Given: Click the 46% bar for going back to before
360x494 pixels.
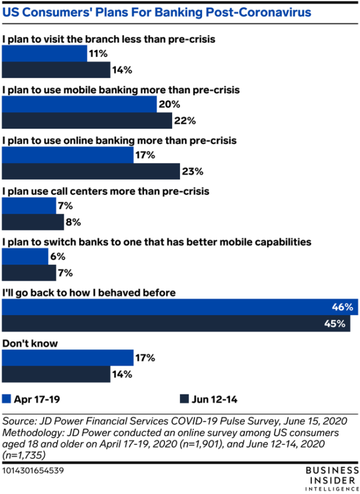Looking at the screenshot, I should tap(180, 308).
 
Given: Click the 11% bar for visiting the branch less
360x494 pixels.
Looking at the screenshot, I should tap(45, 54).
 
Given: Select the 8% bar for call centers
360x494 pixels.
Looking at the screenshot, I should tap(33, 222).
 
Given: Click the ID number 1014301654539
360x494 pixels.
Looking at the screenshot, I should tap(34, 471).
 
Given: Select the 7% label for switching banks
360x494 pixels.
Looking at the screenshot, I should tap(65, 273).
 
